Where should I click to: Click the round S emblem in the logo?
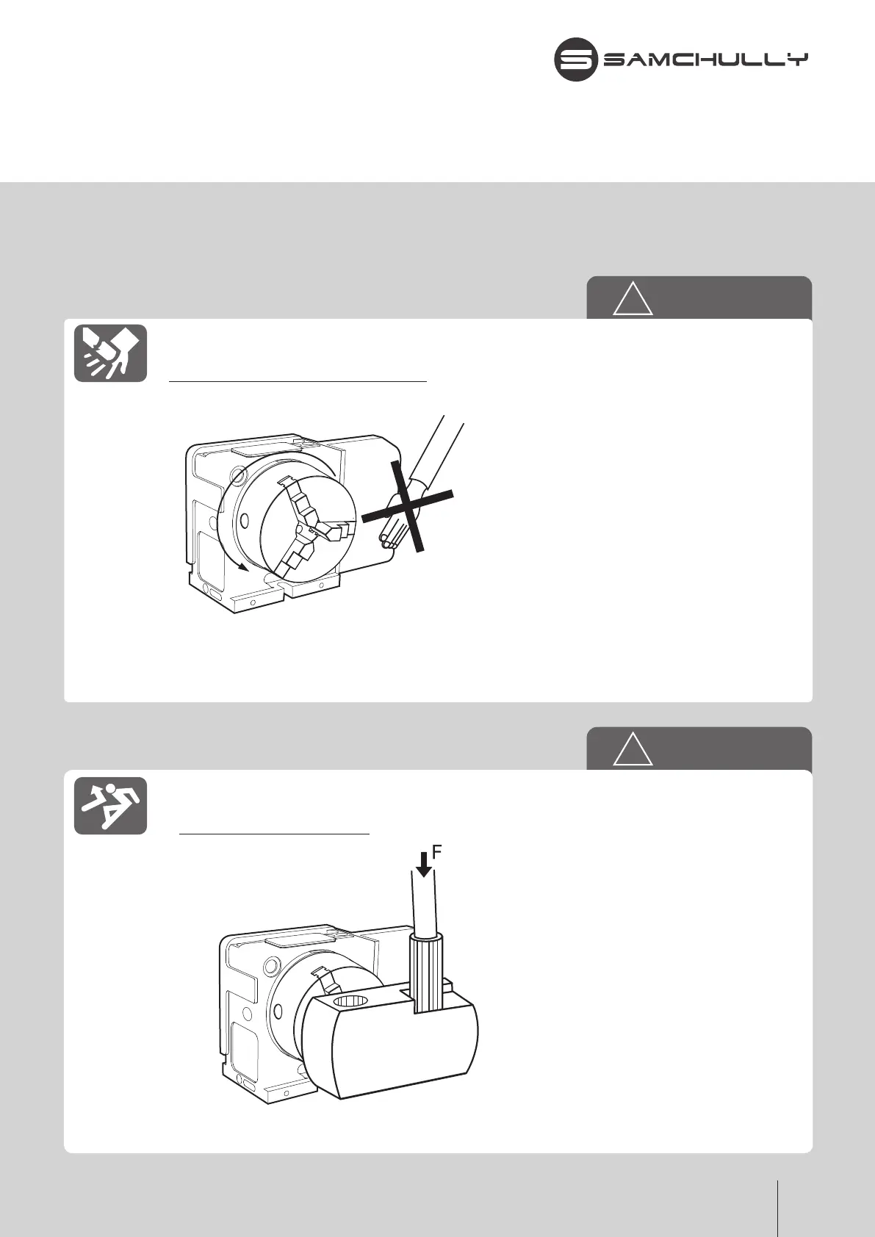click(575, 59)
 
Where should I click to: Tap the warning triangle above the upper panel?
click(633, 299)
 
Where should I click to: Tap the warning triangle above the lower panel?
click(633, 750)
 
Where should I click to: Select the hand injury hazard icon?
click(110, 353)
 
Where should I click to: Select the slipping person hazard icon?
click(110, 805)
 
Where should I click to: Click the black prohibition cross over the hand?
click(407, 507)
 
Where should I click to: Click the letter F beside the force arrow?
click(436, 852)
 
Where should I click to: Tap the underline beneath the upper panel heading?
click(298, 382)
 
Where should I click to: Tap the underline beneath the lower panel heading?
click(274, 834)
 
